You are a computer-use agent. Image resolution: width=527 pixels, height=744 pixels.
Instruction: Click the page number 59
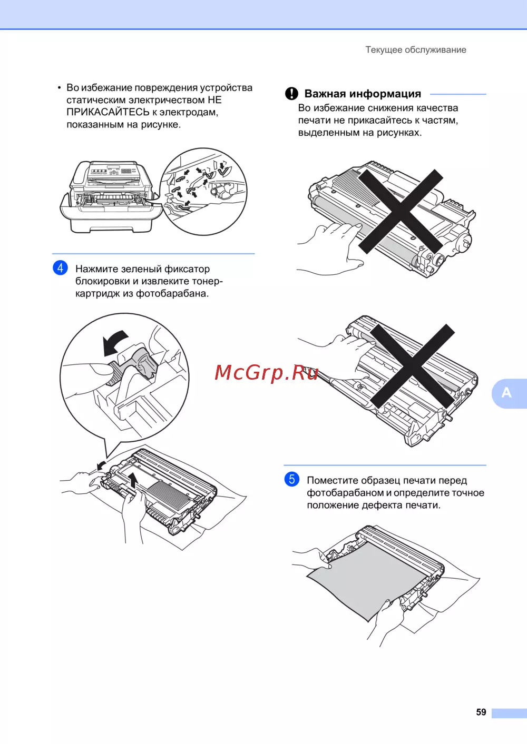point(481,712)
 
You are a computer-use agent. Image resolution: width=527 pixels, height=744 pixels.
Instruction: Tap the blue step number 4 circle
point(60,267)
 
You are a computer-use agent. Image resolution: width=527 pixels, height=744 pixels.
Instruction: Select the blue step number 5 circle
point(291,479)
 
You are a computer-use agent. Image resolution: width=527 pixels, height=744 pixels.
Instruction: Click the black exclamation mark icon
point(291,93)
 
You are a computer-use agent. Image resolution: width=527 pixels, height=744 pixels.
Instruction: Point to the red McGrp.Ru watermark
point(266,372)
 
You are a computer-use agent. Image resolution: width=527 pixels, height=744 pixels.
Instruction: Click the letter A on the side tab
point(506,393)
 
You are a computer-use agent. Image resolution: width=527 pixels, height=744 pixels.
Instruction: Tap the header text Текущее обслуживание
point(416,50)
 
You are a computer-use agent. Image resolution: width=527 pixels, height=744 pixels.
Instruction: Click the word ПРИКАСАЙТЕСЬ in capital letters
point(108,112)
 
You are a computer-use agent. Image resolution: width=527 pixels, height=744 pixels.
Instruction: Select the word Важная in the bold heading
point(325,94)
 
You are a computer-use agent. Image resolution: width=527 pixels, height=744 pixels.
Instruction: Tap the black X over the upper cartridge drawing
point(401,211)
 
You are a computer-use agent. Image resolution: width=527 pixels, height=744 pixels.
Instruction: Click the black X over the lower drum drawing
point(412,366)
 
